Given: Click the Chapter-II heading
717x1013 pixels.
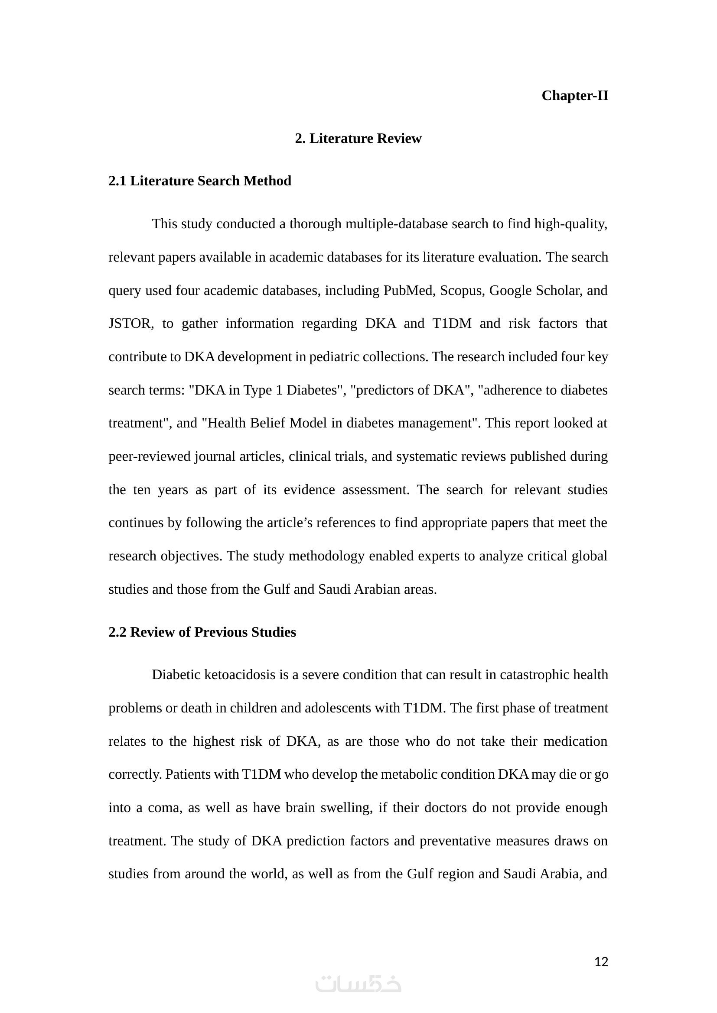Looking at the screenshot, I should click(574, 96).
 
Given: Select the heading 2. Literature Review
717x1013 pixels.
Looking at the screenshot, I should click(358, 139).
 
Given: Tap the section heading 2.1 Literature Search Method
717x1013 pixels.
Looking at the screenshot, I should click(199, 181).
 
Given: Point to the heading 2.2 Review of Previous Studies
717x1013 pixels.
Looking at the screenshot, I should click(202, 632).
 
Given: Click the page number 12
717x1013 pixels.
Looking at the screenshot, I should click(601, 962).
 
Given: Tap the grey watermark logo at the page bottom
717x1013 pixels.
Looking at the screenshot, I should click(358, 984).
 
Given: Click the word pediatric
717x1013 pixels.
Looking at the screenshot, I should click(334, 357).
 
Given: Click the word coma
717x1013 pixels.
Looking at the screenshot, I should click(164, 808).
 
